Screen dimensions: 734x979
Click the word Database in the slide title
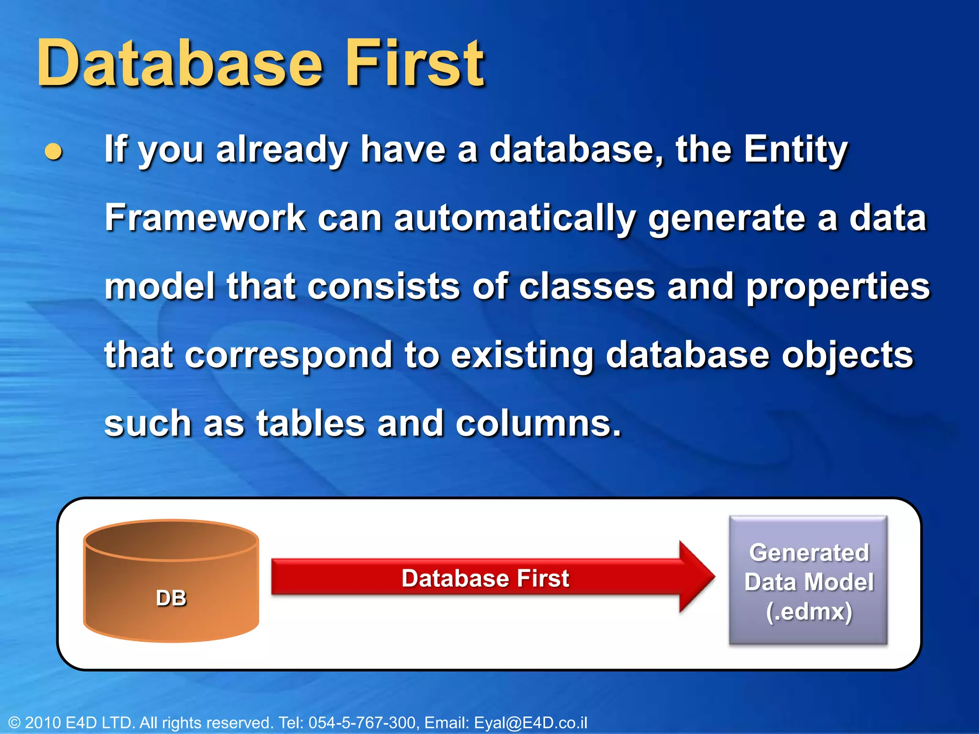(181, 65)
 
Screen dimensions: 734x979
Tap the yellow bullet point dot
(53, 152)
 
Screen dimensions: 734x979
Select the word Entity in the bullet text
(795, 150)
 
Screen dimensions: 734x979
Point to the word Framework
(205, 218)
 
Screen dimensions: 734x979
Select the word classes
(587, 287)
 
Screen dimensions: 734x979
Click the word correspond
(288, 356)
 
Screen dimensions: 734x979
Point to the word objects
(847, 356)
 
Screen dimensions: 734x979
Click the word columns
(538, 424)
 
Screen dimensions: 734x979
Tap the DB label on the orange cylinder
(171, 598)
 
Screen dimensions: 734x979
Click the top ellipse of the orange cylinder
(171, 540)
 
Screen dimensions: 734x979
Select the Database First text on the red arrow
(485, 578)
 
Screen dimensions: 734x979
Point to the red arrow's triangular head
(696, 577)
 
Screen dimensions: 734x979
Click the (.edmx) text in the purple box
(809, 612)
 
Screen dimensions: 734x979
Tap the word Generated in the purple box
(809, 553)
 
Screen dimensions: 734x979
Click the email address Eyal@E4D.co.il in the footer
(530, 723)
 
